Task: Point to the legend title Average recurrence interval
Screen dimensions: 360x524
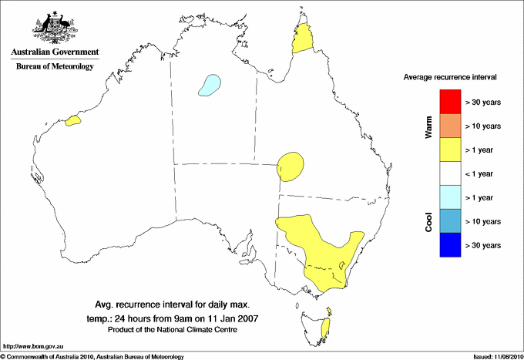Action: pyautogui.click(x=450, y=78)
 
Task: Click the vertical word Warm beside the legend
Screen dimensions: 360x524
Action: pyautogui.click(x=429, y=128)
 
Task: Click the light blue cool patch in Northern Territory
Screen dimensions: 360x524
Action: pyautogui.click(x=210, y=85)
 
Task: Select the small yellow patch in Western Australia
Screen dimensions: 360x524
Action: pyautogui.click(x=74, y=120)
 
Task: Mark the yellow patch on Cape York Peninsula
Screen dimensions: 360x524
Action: pyautogui.click(x=304, y=39)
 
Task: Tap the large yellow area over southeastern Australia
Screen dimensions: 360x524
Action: pyautogui.click(x=316, y=247)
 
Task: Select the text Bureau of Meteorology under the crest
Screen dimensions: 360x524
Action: pyautogui.click(x=55, y=67)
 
